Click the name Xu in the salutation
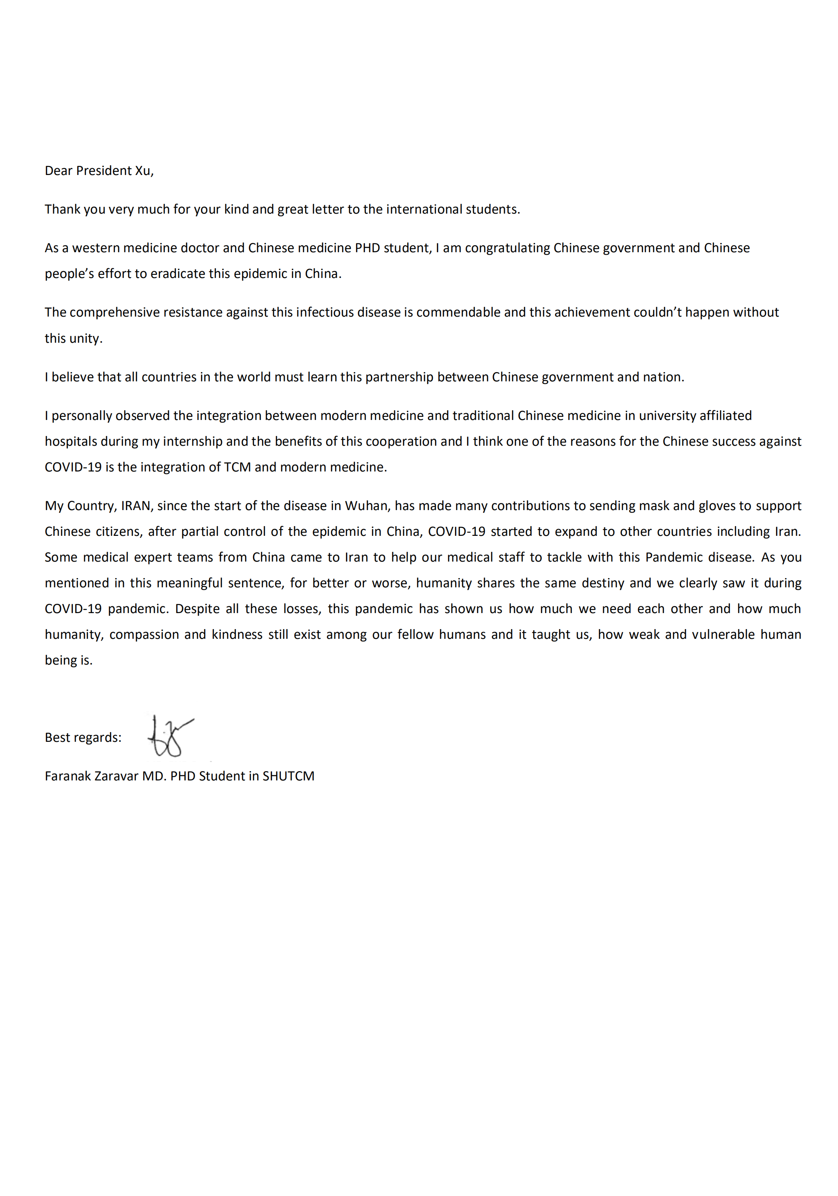pyautogui.click(x=143, y=171)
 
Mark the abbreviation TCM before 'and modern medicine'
pyautogui.click(x=237, y=467)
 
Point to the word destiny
pyautogui.click(x=603, y=583)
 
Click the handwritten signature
pyautogui.click(x=170, y=736)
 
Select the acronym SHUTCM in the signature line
pyautogui.click(x=288, y=776)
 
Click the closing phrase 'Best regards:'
pyautogui.click(x=83, y=738)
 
